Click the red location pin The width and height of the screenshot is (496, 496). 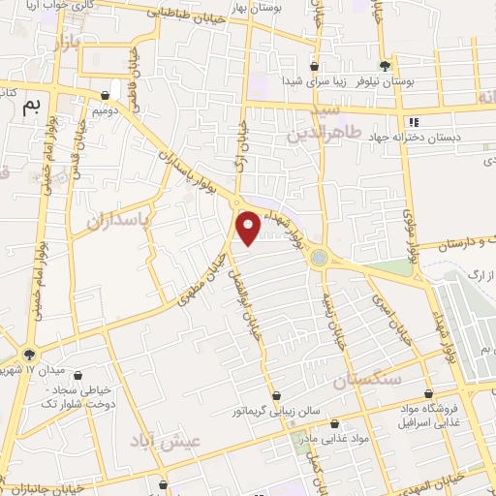pos(249,227)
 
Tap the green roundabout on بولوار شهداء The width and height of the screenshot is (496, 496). pos(319,259)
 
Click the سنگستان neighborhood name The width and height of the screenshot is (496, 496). pos(367,381)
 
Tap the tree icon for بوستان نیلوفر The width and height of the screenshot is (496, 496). pos(387,66)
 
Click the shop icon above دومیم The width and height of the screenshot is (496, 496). pos(106,95)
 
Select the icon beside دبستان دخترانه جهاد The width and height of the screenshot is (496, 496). pos(415,122)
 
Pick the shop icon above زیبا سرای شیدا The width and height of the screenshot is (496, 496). pos(314,67)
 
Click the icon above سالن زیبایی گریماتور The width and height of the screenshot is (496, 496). pos(278,395)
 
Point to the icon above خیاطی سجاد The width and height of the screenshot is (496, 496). pos(77,376)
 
